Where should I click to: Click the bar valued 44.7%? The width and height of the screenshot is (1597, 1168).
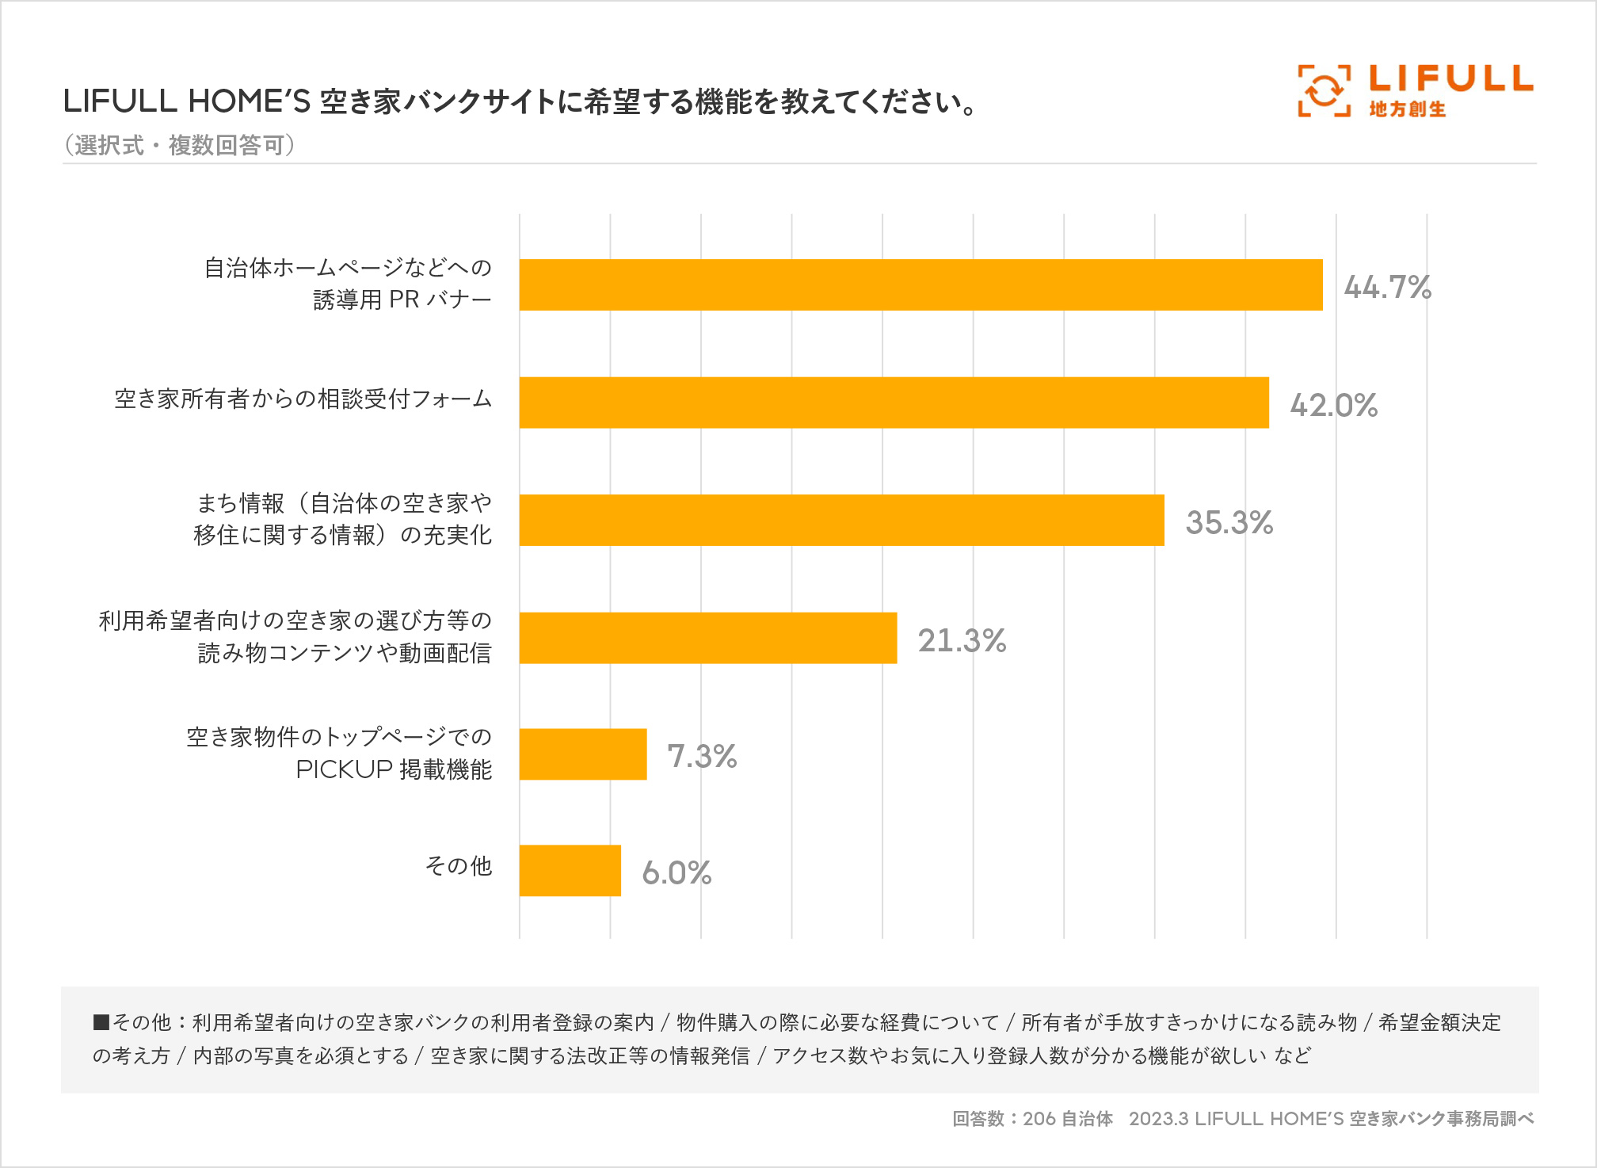pos(920,284)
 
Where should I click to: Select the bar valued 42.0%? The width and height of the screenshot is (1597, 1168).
pos(894,403)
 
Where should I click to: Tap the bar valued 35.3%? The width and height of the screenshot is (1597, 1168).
pos(841,520)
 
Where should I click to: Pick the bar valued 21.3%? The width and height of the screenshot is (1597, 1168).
pos(707,638)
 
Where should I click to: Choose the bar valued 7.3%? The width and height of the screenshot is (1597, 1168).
pos(582,754)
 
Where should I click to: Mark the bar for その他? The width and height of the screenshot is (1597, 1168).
pos(570,871)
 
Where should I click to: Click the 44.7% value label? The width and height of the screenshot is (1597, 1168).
pos(1387,287)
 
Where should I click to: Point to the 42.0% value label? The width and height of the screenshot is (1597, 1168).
pos(1333,405)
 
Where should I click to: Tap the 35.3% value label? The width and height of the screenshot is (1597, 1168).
pos(1229,522)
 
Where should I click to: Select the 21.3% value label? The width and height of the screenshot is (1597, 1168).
pos(962,640)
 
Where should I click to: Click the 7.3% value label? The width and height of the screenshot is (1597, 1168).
pos(702,756)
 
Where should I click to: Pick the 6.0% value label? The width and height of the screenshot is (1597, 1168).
pos(677,872)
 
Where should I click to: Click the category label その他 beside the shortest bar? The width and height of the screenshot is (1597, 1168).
pos(459,865)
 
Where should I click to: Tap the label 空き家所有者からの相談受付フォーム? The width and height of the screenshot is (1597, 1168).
pos(303,399)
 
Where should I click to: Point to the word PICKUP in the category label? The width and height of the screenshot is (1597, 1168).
pos(344,769)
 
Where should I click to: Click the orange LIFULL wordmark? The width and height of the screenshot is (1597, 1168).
pos(1451,78)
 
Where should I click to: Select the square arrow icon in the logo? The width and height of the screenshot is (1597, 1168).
pos(1324,91)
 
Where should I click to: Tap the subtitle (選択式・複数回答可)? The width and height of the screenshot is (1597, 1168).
pos(180,145)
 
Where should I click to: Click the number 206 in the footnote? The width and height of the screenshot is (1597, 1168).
pos(1039,1119)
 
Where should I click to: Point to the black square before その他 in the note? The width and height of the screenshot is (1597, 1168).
pos(101,1022)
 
